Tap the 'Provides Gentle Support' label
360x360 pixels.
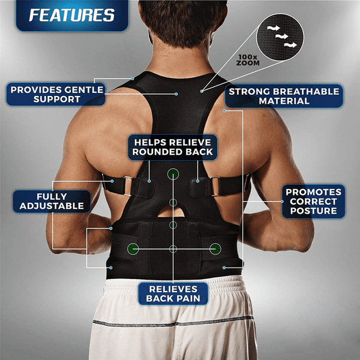[57, 94]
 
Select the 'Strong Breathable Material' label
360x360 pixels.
[284, 96]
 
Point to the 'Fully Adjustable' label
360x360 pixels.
[51, 200]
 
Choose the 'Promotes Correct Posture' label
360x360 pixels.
[313, 200]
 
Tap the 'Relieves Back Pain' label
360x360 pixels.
[173, 293]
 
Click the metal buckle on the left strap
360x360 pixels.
[125, 186]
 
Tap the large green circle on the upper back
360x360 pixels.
[173, 175]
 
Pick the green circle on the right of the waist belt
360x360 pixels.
[214, 248]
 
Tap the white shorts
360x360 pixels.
[174, 330]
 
